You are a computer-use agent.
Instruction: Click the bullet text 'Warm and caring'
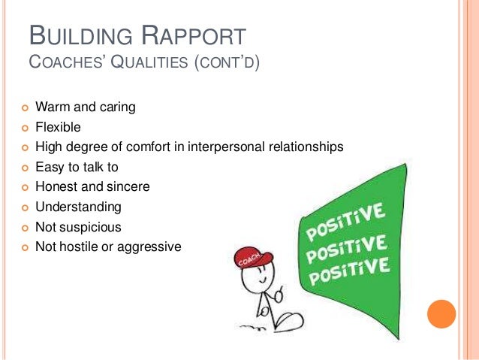tap(90, 107)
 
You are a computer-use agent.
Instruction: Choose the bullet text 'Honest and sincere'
tap(98, 186)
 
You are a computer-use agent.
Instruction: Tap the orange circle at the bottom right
tap(441, 314)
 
